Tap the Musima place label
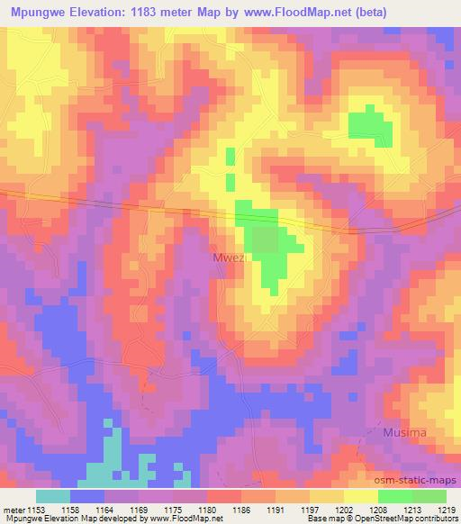pyautogui.click(x=403, y=433)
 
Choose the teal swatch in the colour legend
pyautogui.click(x=53, y=496)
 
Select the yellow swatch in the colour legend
pyautogui.click(x=361, y=496)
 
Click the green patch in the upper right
pyautogui.click(x=371, y=126)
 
